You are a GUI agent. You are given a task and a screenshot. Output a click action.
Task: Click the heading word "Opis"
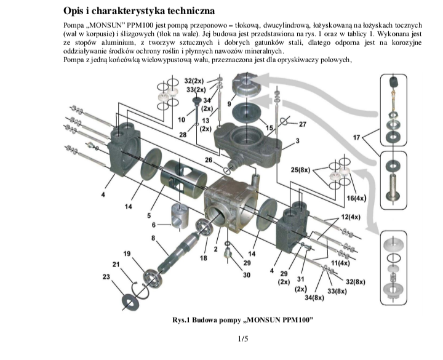pyautogui.click(x=73, y=11)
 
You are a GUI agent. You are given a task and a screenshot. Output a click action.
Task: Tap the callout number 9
pyautogui.click(x=229, y=104)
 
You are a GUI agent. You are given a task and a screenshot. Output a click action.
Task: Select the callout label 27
pyautogui.click(x=302, y=124)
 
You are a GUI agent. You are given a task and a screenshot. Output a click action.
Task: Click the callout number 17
pyautogui.click(x=356, y=137)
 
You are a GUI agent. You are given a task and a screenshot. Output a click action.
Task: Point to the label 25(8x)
pyautogui.click(x=300, y=170)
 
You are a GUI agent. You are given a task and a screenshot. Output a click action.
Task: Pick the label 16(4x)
pyautogui.click(x=356, y=198)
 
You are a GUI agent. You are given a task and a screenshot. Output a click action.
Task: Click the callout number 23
pyautogui.click(x=106, y=277)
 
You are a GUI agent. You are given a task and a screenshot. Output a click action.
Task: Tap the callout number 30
pyautogui.click(x=247, y=275)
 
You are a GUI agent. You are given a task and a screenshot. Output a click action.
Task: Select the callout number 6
pyautogui.click(x=154, y=225)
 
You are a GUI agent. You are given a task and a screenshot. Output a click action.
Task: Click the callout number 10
pyautogui.click(x=182, y=120)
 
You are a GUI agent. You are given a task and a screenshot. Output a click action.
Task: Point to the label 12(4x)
pyautogui.click(x=351, y=217)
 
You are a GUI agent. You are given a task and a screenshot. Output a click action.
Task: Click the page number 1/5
pyautogui.click(x=243, y=338)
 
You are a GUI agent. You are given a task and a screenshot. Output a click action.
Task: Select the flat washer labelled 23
pyautogui.click(x=130, y=303)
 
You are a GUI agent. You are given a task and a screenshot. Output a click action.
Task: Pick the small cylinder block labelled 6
pyautogui.click(x=180, y=215)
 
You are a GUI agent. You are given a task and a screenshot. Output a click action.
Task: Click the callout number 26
pyautogui.click(x=209, y=160)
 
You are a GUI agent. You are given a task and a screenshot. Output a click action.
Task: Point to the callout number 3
pyautogui.click(x=298, y=140)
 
